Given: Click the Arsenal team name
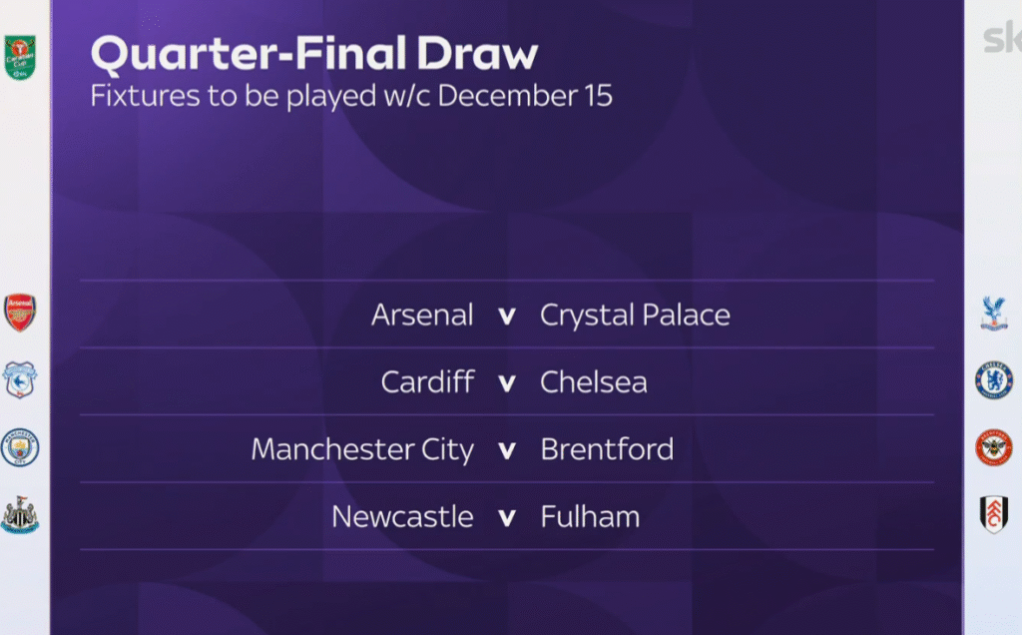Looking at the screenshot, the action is pyautogui.click(x=422, y=315).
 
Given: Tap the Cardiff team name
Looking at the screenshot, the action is pyautogui.click(x=427, y=381).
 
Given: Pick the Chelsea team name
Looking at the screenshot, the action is pyautogui.click(x=594, y=382).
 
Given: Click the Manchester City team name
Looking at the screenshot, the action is pyautogui.click(x=362, y=450).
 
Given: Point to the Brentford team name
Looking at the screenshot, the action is pyautogui.click(x=607, y=449).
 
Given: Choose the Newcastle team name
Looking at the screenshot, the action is pyautogui.click(x=402, y=517).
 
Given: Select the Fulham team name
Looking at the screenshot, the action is pyautogui.click(x=590, y=516).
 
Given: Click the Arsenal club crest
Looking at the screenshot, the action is pyautogui.click(x=20, y=313).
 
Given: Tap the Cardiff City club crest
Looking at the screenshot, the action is pyautogui.click(x=20, y=379).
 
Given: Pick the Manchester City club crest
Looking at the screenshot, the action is pyautogui.click(x=20, y=447).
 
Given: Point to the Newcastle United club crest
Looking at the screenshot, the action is pyautogui.click(x=20, y=515).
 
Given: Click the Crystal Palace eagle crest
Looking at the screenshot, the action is pyautogui.click(x=994, y=313).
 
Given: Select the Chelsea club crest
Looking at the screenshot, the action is pyautogui.click(x=994, y=380).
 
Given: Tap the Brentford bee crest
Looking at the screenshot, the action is pyautogui.click(x=994, y=447).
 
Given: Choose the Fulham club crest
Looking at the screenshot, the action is pyautogui.click(x=994, y=514).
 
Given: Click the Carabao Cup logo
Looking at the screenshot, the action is pyautogui.click(x=20, y=58).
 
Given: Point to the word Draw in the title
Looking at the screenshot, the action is pyautogui.click(x=478, y=54).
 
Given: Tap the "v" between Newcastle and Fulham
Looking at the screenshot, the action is pyautogui.click(x=507, y=517).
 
